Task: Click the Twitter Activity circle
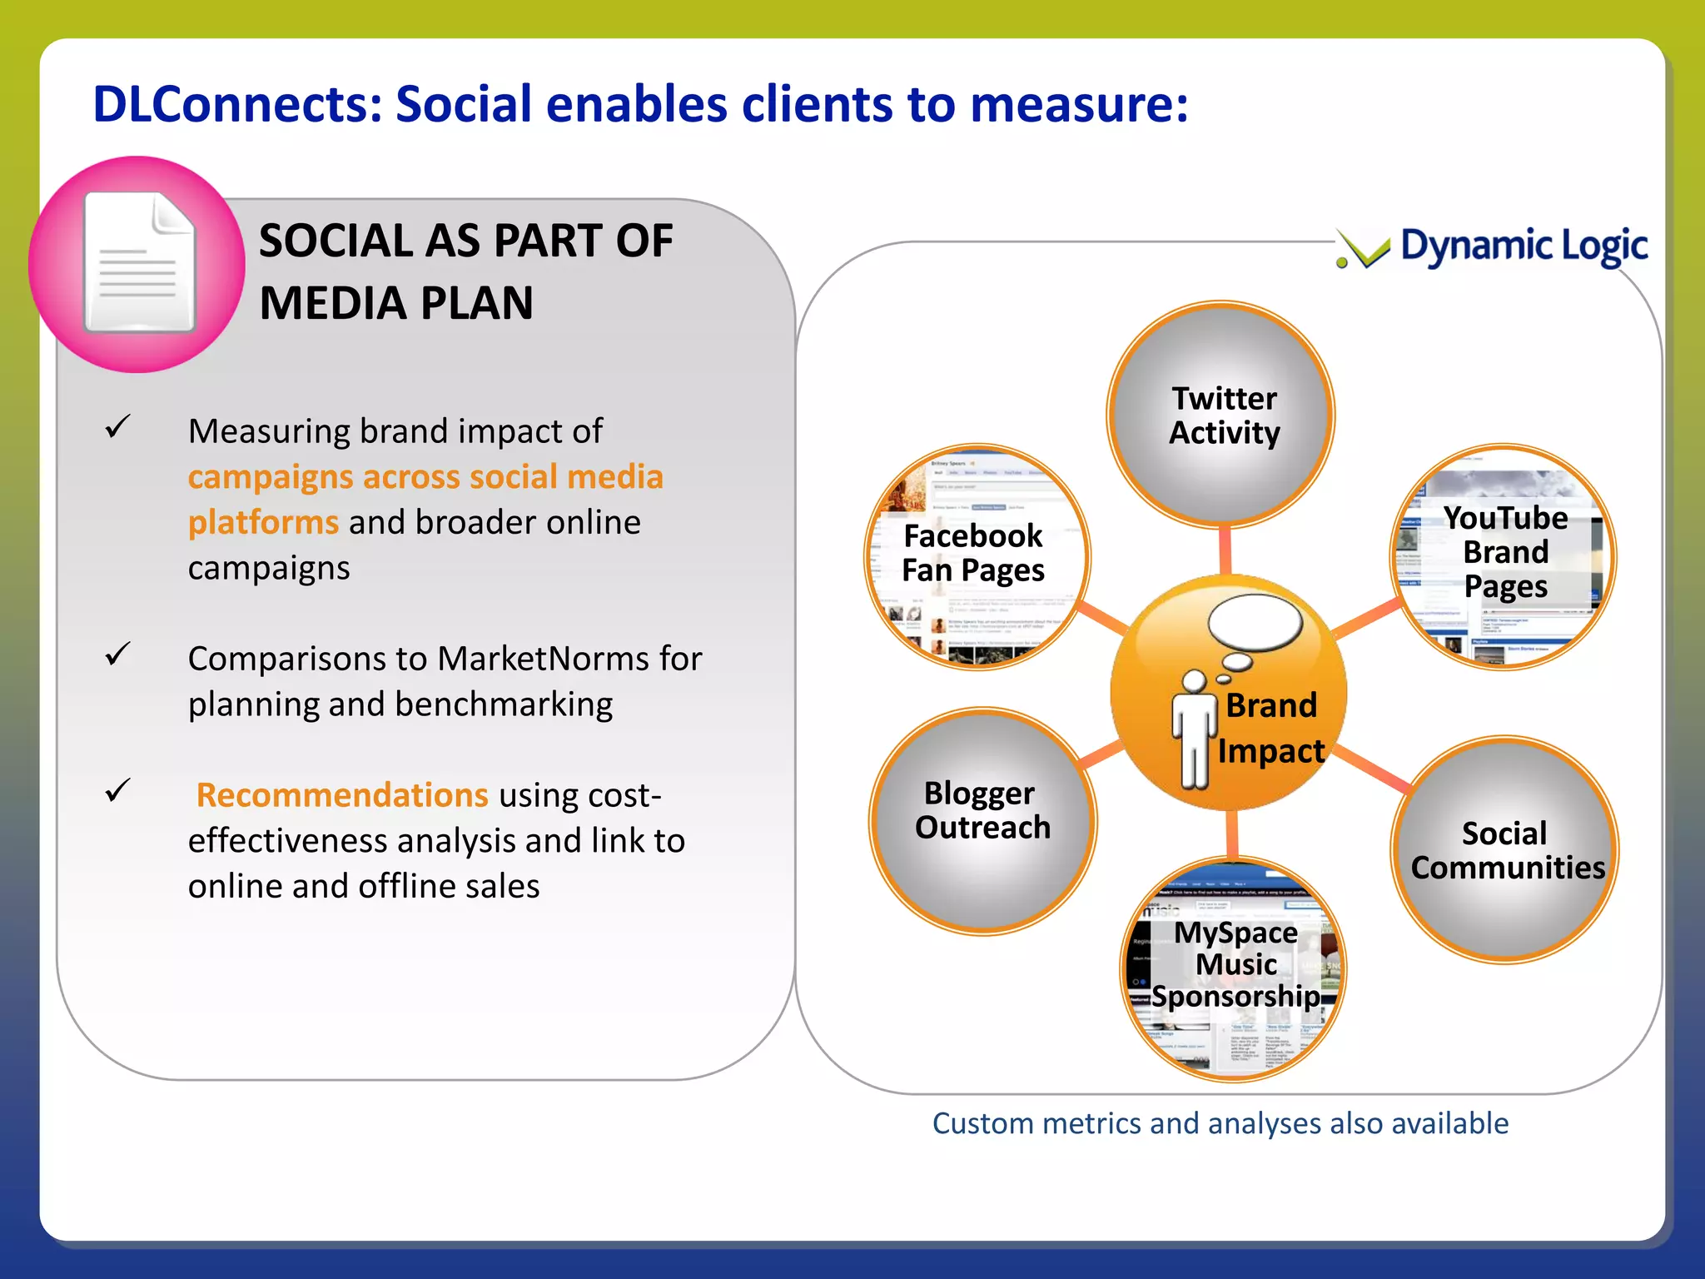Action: [1221, 415]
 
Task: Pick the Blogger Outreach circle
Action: [982, 820]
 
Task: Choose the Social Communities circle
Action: [1505, 849]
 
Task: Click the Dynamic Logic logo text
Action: [1524, 246]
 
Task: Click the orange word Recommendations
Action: [341, 795]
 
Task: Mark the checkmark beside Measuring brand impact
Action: [118, 427]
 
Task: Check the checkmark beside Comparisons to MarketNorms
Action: [118, 654]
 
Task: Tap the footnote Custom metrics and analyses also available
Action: [1220, 1123]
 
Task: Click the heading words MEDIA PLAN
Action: [396, 303]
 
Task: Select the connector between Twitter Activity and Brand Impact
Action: [1225, 550]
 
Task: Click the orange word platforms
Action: [263, 523]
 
